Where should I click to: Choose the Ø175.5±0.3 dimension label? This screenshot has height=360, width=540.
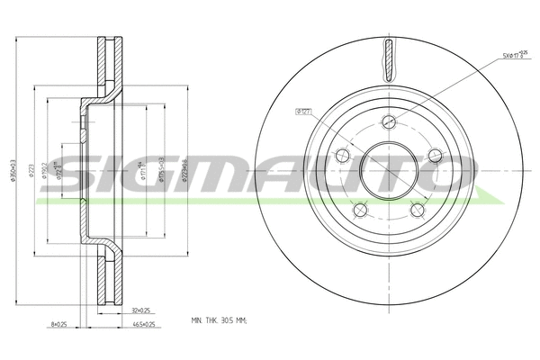pyautogui.click(x=161, y=167)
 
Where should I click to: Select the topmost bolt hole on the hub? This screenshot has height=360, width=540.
pyautogui.click(x=388, y=122)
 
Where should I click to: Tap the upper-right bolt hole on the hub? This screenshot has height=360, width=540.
pyautogui.click(x=435, y=156)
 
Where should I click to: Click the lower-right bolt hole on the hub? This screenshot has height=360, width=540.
pyautogui.click(x=418, y=211)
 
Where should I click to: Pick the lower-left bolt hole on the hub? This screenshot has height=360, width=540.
pyautogui.click(x=360, y=211)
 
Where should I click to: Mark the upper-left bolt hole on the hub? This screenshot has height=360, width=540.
pyautogui.click(x=342, y=157)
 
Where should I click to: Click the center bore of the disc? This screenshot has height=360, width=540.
pyautogui.click(x=389, y=171)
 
